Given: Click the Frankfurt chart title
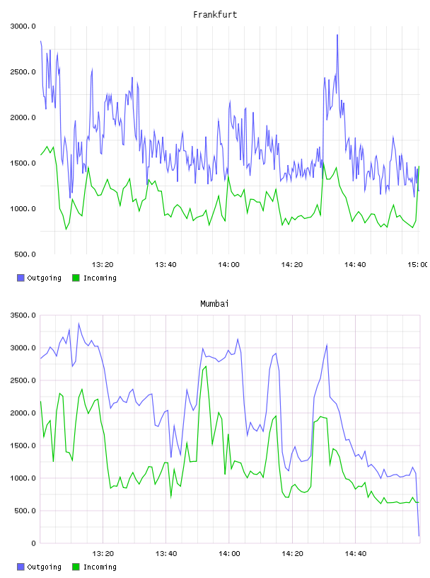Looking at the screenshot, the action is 215,15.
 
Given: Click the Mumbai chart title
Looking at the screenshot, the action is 214,304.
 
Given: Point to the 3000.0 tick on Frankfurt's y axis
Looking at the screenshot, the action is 23,26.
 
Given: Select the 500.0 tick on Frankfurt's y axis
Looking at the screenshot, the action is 25,254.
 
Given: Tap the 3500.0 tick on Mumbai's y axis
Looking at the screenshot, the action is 23,315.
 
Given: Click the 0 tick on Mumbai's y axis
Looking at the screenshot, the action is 33,543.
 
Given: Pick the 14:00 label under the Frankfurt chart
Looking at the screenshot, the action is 228,265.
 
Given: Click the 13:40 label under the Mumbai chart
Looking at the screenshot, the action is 166,554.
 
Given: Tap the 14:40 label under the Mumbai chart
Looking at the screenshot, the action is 355,554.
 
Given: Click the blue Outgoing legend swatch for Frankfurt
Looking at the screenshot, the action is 21,278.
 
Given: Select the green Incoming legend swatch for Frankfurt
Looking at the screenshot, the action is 76,278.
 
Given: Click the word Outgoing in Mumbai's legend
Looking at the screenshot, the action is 44,567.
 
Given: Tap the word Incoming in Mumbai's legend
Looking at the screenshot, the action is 100,567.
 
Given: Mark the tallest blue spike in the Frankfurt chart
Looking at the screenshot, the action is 337,35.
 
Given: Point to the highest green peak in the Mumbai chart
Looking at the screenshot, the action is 206,366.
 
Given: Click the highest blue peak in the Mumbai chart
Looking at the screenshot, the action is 79,324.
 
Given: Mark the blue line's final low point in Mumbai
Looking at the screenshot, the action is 419,535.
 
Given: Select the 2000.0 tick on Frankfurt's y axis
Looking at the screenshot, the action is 23,118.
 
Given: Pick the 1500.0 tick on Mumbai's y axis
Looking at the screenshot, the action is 23,446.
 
